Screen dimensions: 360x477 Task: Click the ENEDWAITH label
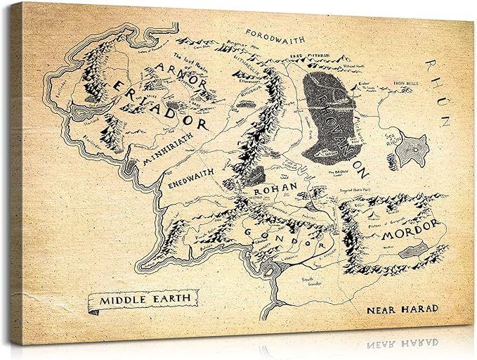[191, 179]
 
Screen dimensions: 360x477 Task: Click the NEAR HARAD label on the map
[403, 309]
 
